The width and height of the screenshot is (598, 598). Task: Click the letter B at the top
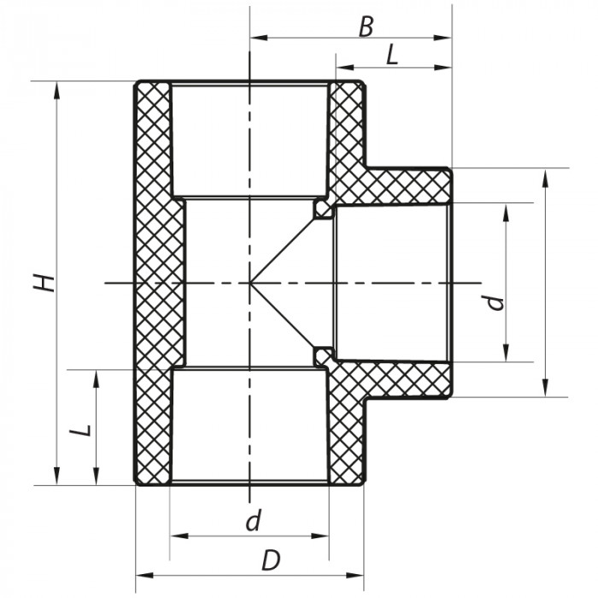coord(366,26)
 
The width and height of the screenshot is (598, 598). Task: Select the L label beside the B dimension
coord(392,56)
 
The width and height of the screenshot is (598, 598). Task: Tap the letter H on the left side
coord(44,283)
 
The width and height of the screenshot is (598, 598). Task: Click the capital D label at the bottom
coord(270,561)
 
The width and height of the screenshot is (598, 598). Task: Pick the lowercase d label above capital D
coord(253,520)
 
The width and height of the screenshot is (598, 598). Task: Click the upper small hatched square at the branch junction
coord(322,208)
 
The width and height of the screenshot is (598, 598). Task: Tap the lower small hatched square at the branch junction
coord(322,356)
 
